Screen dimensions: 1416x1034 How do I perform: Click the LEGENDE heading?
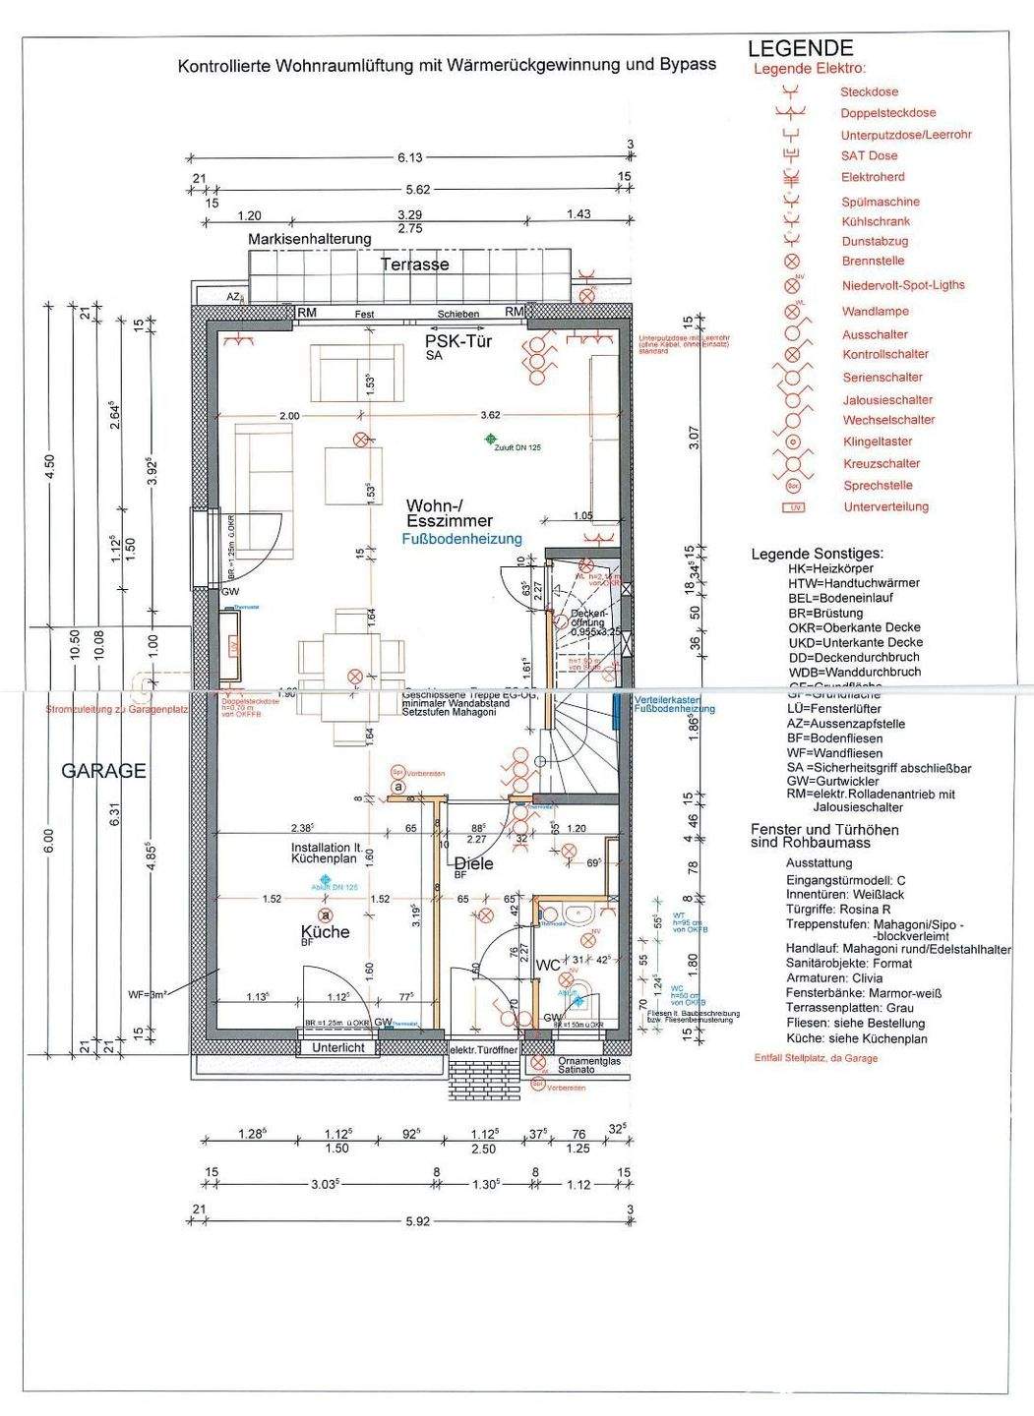800,48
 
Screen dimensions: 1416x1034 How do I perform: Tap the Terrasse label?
415,264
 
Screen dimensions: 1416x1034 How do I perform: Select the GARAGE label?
103,771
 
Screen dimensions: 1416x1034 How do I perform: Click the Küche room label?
325,931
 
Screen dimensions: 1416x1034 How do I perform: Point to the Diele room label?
473,864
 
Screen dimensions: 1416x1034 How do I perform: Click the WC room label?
547,965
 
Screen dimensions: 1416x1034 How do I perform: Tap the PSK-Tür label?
457,342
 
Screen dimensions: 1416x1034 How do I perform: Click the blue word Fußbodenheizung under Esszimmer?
461,539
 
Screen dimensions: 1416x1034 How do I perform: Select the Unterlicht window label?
337,1048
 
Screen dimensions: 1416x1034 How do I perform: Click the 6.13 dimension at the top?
409,157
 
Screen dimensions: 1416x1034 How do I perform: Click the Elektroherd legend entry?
869,178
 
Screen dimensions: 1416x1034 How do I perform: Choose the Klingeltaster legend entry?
877,442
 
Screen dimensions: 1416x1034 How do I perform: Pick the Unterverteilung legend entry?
885,507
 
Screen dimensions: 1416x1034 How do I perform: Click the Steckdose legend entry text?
869,91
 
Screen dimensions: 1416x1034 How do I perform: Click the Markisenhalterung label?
309,239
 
